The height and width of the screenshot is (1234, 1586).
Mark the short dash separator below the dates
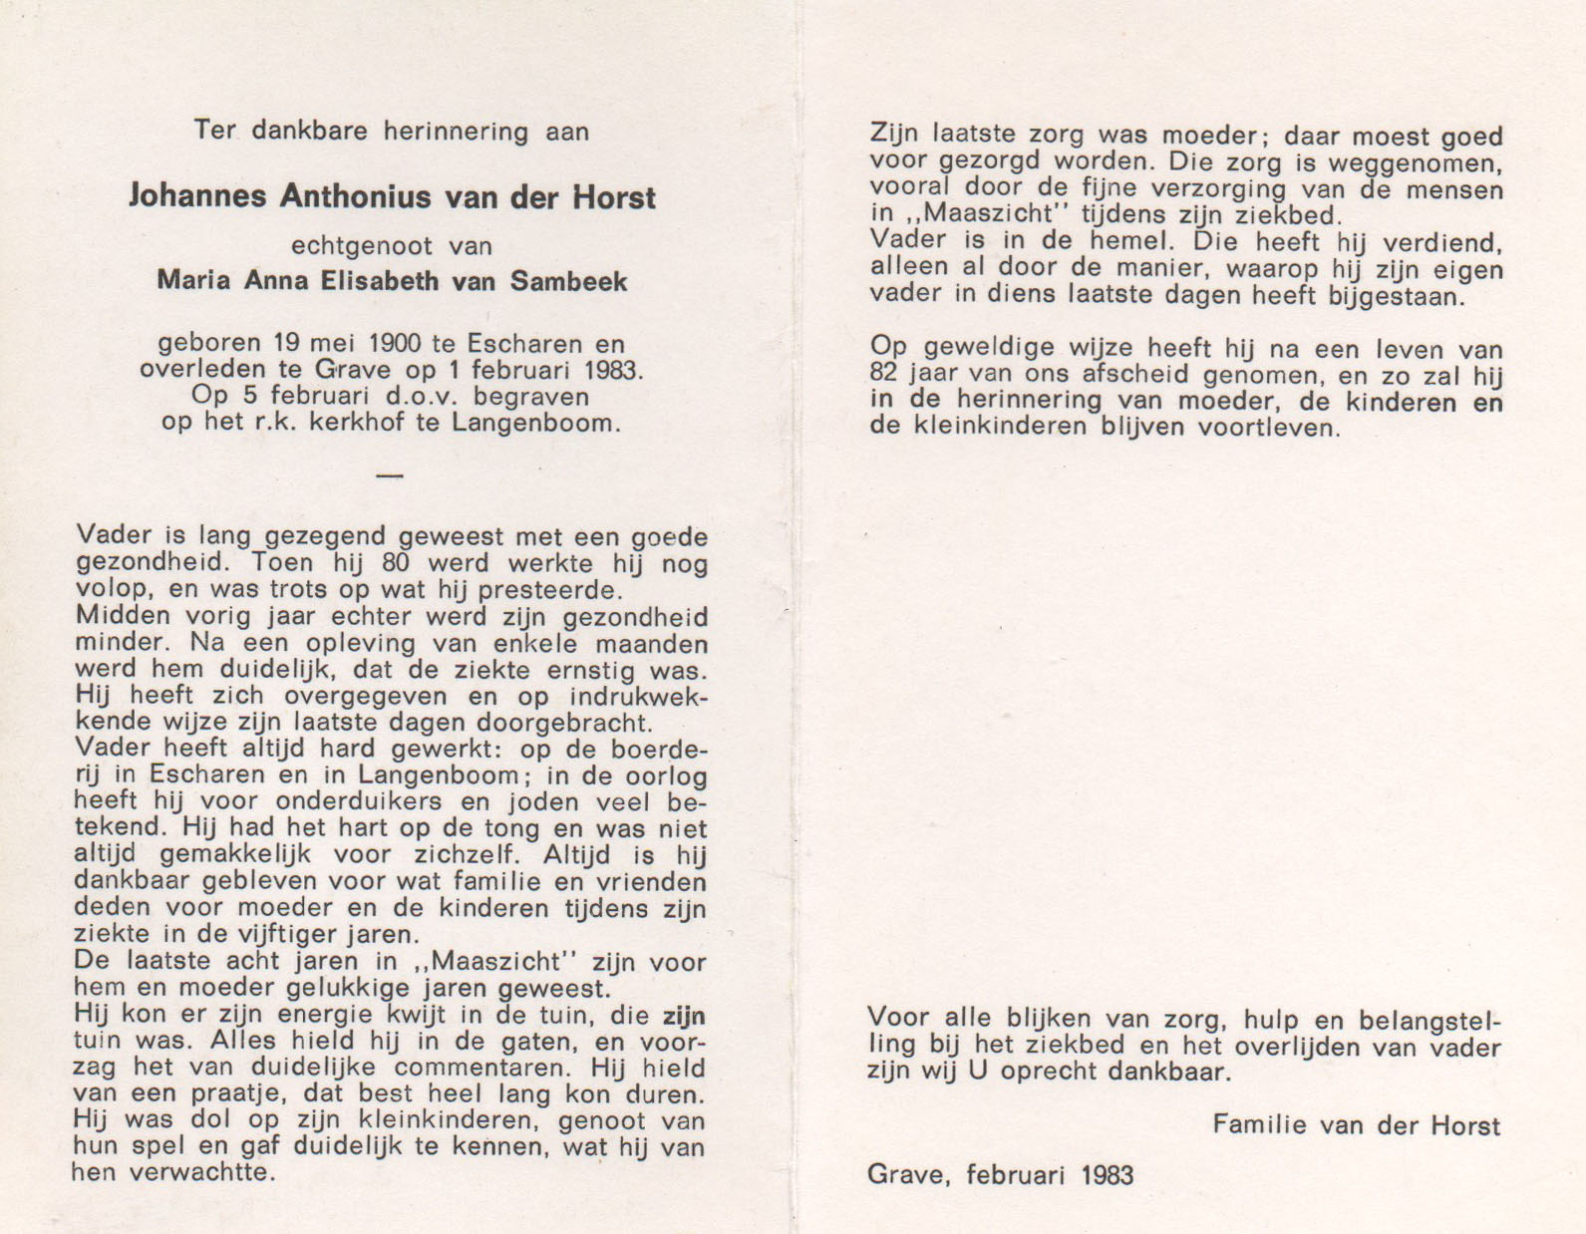(x=390, y=476)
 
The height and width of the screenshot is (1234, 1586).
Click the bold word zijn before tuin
(x=684, y=1017)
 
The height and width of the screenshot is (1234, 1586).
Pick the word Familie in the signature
(x=1260, y=1125)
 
